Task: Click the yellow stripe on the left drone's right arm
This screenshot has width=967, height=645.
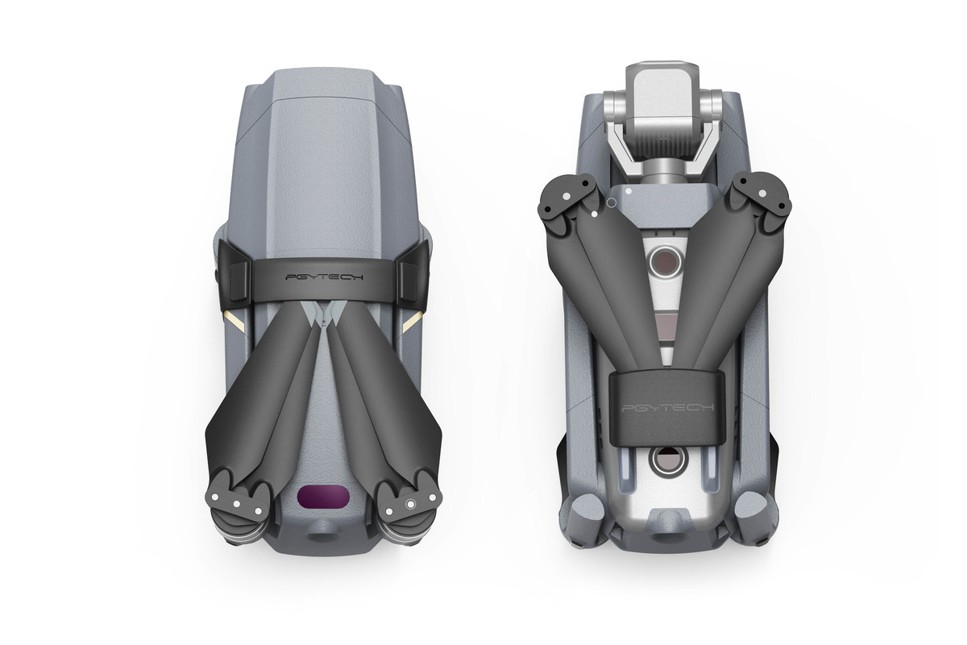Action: point(413,322)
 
